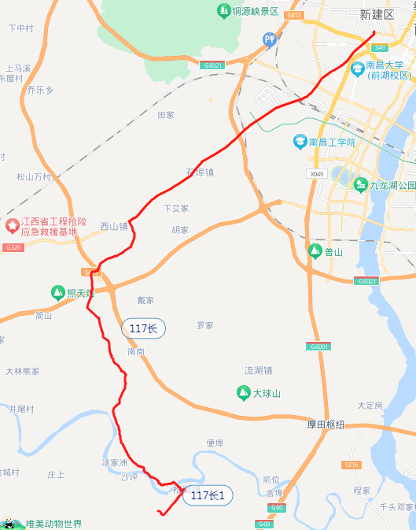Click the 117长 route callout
coord(143,328)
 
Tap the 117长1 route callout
coord(208,495)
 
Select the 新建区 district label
coord(376,14)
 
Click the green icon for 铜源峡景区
coord(223,11)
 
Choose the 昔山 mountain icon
coord(315,252)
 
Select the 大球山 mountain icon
coord(244,392)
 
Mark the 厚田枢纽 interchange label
coord(326,424)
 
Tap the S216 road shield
coord(352,465)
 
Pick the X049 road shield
coord(317,173)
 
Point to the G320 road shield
coord(12,247)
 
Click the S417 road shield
coord(294,15)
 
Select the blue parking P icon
coord(271,39)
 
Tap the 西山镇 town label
coord(113,226)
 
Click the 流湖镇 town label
coord(258,370)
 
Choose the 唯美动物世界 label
coord(53,524)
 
